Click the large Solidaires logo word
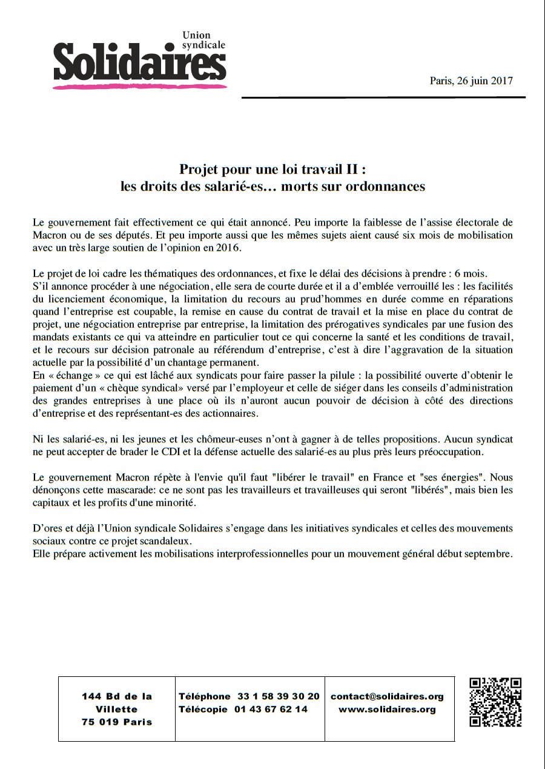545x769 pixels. pos(139,62)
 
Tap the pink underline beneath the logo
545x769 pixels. pos(139,87)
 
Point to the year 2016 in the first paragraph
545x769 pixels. pos(228,247)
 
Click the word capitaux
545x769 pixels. pos(52,503)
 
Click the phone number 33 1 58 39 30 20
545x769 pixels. pos(278,697)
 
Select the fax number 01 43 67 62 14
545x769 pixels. pos(271,710)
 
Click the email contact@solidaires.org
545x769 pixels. pos(387,697)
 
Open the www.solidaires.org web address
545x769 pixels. pos(387,710)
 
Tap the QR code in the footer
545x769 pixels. pos(496,702)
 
